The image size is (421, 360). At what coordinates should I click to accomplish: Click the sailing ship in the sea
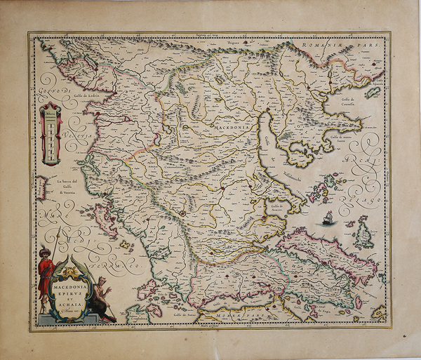(328, 218)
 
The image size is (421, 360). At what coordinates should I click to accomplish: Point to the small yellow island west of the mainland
(127, 245)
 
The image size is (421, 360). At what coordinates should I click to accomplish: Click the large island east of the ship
(363, 233)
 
